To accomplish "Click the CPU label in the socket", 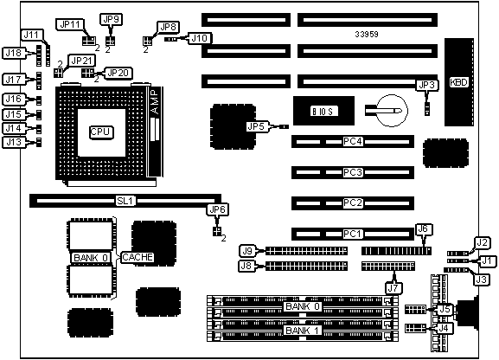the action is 100,132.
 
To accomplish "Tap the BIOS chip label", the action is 323,111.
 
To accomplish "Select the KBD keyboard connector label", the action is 459,82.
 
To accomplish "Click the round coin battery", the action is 392,111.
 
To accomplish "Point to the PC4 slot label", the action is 353,141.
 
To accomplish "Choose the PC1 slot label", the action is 353,234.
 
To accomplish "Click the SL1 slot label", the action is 126,201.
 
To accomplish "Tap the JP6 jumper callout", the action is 218,209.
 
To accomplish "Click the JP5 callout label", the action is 256,127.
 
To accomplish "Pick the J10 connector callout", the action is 199,38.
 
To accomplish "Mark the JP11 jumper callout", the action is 70,24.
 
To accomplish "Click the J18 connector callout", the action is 14,53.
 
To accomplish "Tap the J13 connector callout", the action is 14,142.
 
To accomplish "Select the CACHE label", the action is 138,257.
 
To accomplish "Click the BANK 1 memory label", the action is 303,331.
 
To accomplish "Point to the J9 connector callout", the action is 247,251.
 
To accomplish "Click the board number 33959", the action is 367,34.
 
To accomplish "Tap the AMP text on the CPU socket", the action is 155,102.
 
